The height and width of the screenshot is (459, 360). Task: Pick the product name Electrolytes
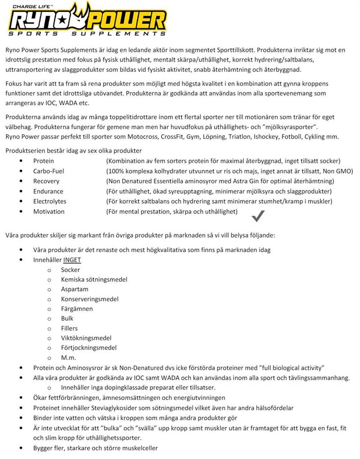pyautogui.click(x=49, y=201)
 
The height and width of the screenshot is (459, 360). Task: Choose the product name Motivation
pyautogui.click(x=49, y=211)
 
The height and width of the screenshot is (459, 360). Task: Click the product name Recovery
pyautogui.click(x=46, y=181)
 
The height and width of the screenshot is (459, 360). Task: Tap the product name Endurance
pyautogui.click(x=48, y=191)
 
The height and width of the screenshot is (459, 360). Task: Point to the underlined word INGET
pyautogui.click(x=72, y=260)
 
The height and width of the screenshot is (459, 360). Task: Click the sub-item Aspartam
pyautogui.click(x=75, y=289)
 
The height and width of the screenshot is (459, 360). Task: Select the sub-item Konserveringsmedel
pyautogui.click(x=90, y=299)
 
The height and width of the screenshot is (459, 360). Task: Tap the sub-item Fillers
pyautogui.click(x=69, y=328)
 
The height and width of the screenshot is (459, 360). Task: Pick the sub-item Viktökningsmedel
pyautogui.click(x=86, y=338)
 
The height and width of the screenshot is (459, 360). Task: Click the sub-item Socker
pyautogui.click(x=70, y=270)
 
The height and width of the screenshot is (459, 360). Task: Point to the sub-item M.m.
pyautogui.click(x=68, y=358)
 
